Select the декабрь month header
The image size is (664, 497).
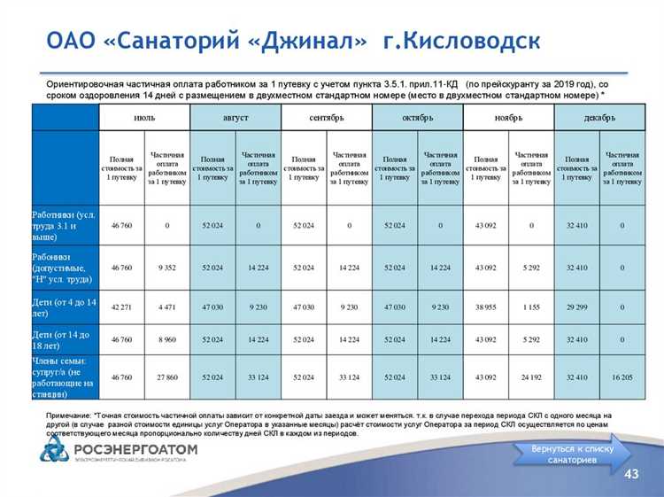[599, 116]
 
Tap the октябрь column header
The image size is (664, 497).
[418, 116]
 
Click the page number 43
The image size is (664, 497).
[632, 476]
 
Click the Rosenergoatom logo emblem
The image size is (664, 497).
[53, 450]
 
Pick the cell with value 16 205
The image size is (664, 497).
[622, 377]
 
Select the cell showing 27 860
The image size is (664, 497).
[167, 377]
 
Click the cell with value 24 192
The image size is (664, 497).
[531, 377]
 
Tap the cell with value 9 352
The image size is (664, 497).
[167, 267]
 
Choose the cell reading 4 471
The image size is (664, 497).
[167, 307]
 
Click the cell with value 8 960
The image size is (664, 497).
[167, 339]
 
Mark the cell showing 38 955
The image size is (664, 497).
[486, 307]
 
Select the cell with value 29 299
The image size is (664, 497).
[577, 307]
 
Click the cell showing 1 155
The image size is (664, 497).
[531, 307]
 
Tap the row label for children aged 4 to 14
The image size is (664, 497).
[65, 307]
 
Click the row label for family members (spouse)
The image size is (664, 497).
[65, 377]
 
